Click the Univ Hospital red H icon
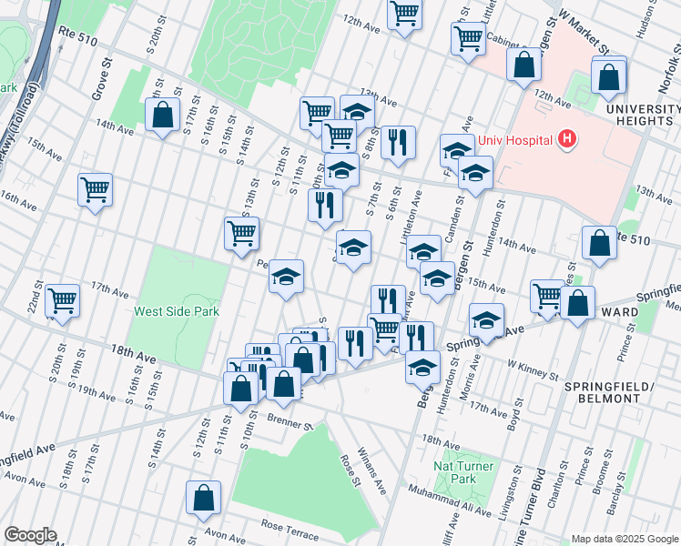(568, 139)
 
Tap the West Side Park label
(177, 311)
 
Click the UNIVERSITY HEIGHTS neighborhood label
(643, 116)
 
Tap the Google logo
(30, 535)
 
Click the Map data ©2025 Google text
(624, 538)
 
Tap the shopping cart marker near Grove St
(95, 189)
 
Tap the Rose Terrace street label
(289, 526)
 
